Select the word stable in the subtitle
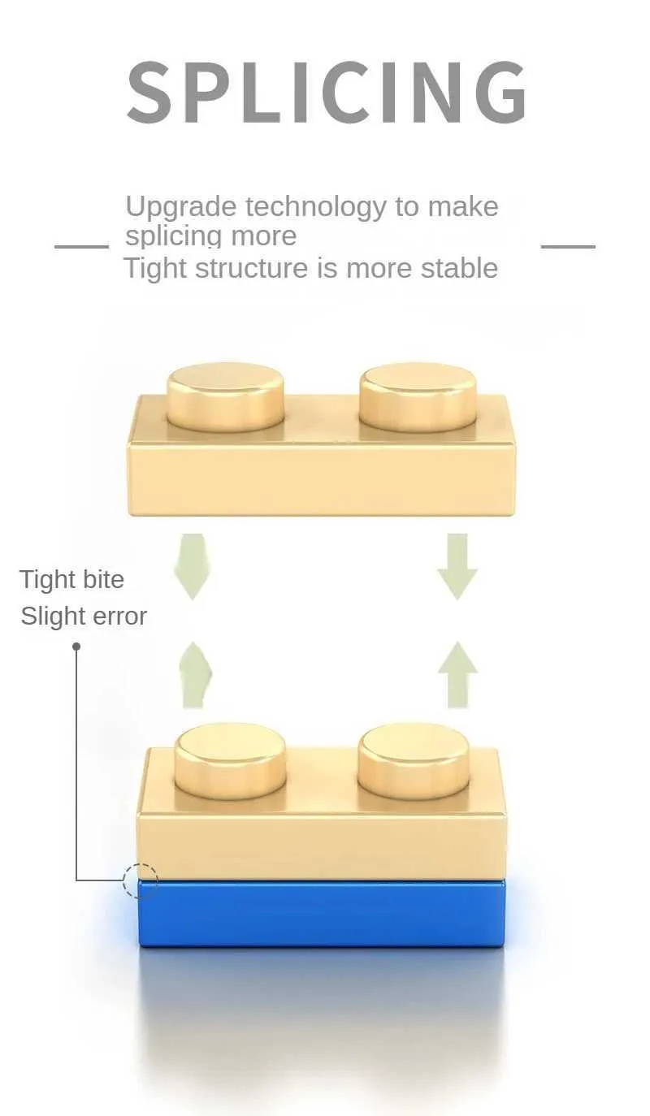(x=459, y=267)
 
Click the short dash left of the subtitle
(x=81, y=245)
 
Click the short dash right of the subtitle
(x=568, y=245)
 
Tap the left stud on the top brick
(x=226, y=396)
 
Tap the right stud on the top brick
(x=418, y=396)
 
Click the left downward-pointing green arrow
(x=193, y=565)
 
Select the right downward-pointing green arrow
(x=457, y=565)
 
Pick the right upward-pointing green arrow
(x=457, y=673)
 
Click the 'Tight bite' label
(x=71, y=579)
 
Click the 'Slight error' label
(x=84, y=616)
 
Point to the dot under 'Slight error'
(x=76, y=647)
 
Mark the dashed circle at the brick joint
(x=140, y=880)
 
